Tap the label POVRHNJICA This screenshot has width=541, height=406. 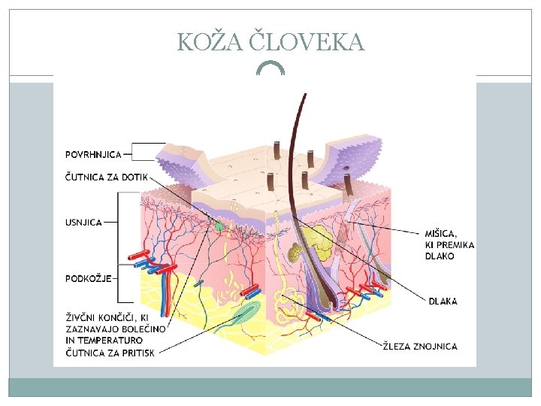(x=93, y=154)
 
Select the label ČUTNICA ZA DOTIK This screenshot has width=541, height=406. (x=107, y=178)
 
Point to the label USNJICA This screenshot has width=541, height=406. (x=83, y=223)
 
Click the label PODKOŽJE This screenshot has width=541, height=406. (x=89, y=278)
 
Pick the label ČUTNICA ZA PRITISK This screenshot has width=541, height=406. (x=110, y=353)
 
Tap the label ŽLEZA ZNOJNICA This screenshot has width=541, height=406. (x=419, y=347)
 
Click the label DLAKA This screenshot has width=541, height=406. (x=443, y=301)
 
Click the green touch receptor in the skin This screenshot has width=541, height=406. (x=219, y=225)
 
